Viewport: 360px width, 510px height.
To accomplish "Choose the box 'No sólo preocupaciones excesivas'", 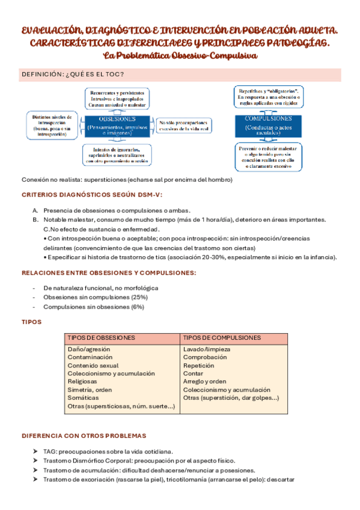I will point(185,125).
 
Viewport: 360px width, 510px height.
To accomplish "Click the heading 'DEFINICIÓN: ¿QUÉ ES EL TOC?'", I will point(73,75).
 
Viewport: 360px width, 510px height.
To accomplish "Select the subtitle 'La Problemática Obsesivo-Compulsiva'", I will point(180,55).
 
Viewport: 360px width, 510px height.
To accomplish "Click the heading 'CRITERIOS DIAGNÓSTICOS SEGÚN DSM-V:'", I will point(92,195).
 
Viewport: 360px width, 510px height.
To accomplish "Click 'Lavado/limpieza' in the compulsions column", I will point(206,349).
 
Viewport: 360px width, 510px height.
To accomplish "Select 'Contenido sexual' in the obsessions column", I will point(93,366).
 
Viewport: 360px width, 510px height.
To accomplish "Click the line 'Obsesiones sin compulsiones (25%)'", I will point(96,297).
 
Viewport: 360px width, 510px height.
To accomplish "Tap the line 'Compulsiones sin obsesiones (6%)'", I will point(94,307).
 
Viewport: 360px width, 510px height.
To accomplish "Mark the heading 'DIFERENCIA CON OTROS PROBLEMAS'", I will point(84,435).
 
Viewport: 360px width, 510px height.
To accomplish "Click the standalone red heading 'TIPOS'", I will point(31,322).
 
